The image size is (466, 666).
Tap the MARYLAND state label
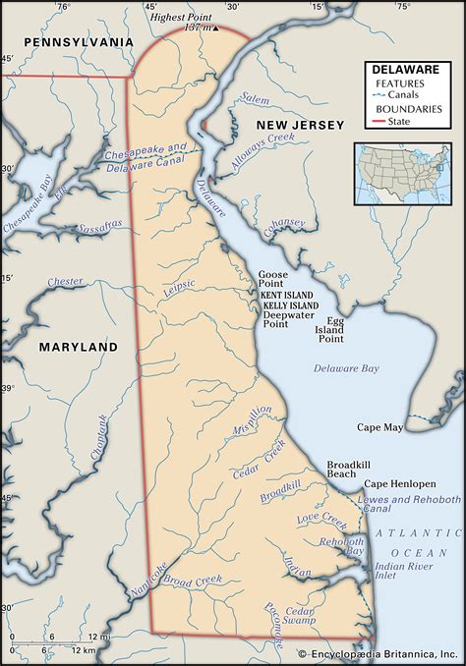tap(78, 347)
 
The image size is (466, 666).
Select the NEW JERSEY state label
tap(299, 126)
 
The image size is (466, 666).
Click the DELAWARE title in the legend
tap(405, 70)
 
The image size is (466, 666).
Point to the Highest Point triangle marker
tap(215, 28)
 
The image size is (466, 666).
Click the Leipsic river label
tap(179, 289)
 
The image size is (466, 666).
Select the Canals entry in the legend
tap(403, 95)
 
